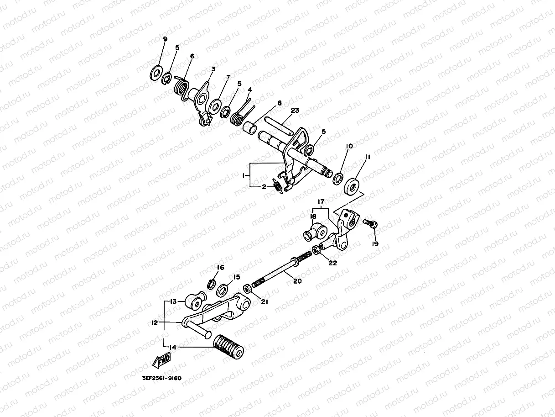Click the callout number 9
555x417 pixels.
tap(165, 39)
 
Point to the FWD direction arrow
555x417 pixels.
tap(161, 361)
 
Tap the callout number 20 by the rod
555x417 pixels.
tap(297, 281)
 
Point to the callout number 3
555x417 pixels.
tap(213, 69)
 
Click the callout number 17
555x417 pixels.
tap(321, 201)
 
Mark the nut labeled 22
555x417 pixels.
tap(316, 250)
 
